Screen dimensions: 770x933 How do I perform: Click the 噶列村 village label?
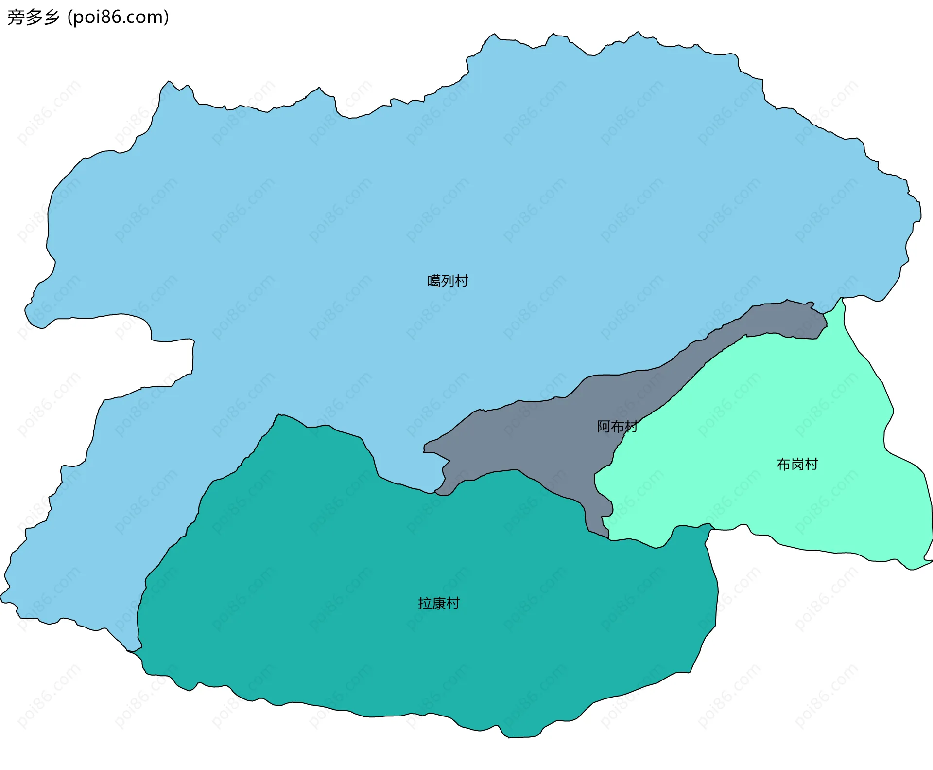448,281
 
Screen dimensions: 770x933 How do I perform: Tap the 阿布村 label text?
617,427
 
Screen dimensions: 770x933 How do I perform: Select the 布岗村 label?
797,465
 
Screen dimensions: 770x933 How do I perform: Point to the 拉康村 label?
438,604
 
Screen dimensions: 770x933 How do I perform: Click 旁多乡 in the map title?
33,18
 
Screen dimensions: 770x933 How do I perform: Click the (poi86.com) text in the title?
118,18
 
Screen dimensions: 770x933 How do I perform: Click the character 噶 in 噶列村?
434,281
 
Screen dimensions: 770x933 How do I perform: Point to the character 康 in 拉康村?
438,604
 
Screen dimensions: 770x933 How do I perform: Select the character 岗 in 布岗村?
797,465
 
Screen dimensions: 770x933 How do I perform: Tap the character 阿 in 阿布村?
603,427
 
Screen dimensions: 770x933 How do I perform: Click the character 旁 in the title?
16,18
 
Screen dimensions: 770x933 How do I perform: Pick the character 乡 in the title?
51,18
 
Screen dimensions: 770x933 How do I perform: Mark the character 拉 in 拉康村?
425,604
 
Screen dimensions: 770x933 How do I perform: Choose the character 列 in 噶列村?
448,281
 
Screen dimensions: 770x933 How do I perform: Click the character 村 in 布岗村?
811,465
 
